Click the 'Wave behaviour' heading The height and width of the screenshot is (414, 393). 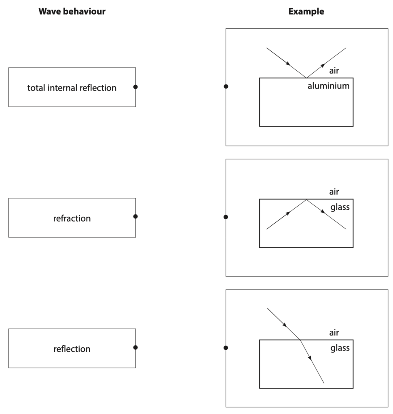pyautogui.click(x=72, y=12)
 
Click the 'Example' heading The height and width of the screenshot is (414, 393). pyautogui.click(x=306, y=12)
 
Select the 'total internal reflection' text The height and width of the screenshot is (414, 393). pyautogui.click(x=72, y=88)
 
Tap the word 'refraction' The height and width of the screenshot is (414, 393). pyautogui.click(x=72, y=219)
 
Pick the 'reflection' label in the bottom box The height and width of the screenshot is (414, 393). pyautogui.click(x=72, y=349)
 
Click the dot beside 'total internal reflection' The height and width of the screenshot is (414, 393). pyautogui.click(x=135, y=87)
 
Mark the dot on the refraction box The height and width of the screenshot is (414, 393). pyautogui.click(x=135, y=217)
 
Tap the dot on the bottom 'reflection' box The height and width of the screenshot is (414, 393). pyautogui.click(x=135, y=347)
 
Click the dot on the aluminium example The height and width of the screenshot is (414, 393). pyautogui.click(x=226, y=87)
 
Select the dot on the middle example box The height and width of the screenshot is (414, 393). pyautogui.click(x=226, y=217)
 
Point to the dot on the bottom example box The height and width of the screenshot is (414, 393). pyautogui.click(x=226, y=348)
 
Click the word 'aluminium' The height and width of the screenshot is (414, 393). pyautogui.click(x=328, y=86)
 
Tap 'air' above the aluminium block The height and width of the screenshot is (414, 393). pyautogui.click(x=334, y=71)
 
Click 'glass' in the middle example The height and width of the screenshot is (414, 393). pyautogui.click(x=340, y=207)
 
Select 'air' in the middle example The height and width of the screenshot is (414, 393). pyautogui.click(x=334, y=192)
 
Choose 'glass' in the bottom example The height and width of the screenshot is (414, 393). pyautogui.click(x=340, y=348)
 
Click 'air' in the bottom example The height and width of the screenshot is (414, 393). pyautogui.click(x=334, y=333)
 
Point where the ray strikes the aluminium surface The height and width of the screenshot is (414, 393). pyautogui.click(x=306, y=78)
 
